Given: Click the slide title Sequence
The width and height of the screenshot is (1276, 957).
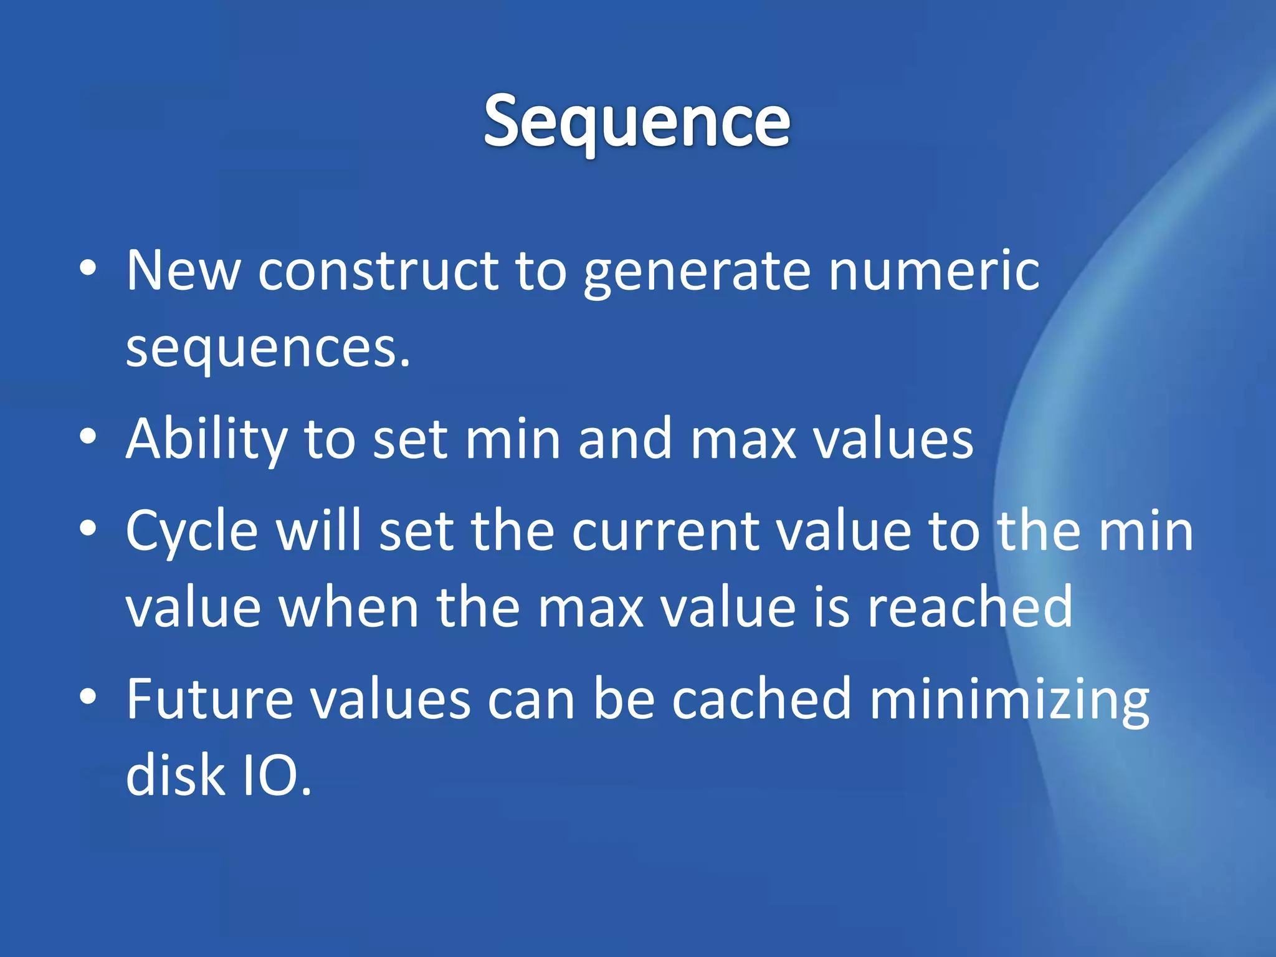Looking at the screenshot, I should point(637,121).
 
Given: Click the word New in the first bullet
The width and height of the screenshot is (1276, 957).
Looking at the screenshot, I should point(183,270).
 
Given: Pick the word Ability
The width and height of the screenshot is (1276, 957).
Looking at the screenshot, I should point(206,440).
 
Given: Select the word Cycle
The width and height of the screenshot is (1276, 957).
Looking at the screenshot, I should point(192,531).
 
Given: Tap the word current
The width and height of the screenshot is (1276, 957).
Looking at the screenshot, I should point(665,531).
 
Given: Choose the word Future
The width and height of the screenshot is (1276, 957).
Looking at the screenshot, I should point(209,699).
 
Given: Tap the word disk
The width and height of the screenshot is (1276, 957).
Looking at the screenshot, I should point(175,775).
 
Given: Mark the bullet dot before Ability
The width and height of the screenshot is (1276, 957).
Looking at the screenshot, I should point(88,437).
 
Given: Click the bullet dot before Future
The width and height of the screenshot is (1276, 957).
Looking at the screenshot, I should point(88,697).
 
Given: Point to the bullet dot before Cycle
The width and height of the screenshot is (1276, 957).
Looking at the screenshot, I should point(88,529).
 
